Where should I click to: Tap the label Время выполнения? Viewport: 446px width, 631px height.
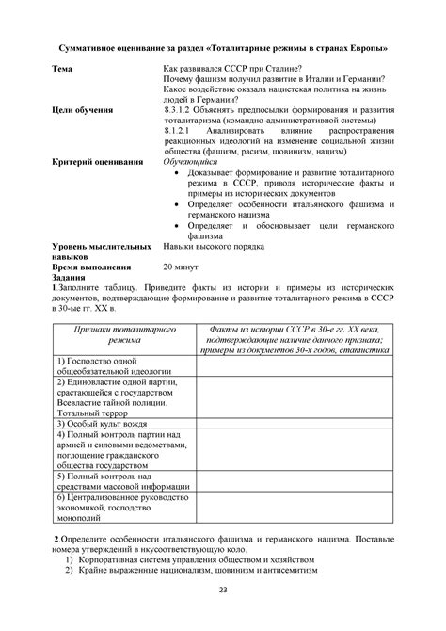click(95, 267)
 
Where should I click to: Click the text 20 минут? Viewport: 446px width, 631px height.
click(185, 267)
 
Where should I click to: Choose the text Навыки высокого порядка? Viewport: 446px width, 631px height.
click(214, 246)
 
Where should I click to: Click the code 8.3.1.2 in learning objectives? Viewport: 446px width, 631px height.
click(181, 109)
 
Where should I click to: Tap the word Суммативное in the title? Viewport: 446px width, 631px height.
click(99, 47)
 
